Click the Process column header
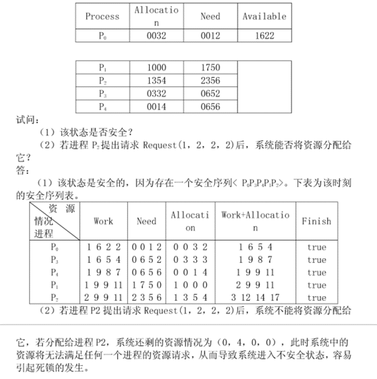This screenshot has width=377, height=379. pos(102,16)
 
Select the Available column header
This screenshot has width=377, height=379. pos(264,16)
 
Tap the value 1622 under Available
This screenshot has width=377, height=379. pos(264,35)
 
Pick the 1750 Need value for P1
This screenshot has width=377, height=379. pos(210,68)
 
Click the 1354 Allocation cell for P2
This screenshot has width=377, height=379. pos(156,81)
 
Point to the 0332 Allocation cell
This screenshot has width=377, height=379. pos(156,94)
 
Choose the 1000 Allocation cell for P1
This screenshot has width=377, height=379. pos(156,68)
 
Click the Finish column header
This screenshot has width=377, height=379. pos(316,221)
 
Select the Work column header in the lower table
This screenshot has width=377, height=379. pos(103,221)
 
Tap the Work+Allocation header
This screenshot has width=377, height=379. pos(255,221)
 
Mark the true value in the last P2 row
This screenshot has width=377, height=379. pos(316,298)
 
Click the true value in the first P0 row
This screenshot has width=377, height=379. pos(316,247)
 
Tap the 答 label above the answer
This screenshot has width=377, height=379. pos(21,169)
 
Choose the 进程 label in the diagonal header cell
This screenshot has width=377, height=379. pos(43,233)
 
